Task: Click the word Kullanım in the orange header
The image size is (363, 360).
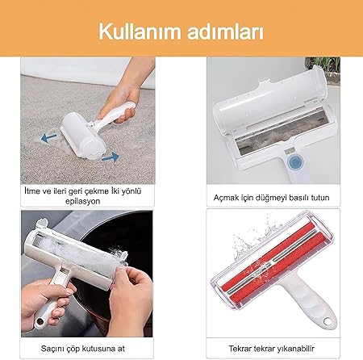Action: [x=140, y=31]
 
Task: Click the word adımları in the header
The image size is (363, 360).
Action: [x=226, y=31]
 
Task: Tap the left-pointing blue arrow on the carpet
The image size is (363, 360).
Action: [x=49, y=137]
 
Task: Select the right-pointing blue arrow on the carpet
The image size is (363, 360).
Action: [x=111, y=157]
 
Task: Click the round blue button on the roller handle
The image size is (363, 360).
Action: [x=294, y=162]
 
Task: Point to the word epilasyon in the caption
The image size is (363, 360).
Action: [x=83, y=201]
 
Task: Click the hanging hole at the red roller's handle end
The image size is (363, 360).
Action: [x=328, y=321]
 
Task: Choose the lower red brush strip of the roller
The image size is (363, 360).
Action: [x=278, y=272]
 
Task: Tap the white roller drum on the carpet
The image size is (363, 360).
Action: [x=82, y=137]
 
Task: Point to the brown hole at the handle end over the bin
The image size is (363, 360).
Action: [x=40, y=320]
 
